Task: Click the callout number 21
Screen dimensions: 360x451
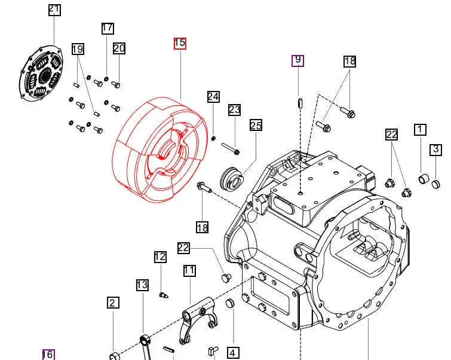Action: [54, 9]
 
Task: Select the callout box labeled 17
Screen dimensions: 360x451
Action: [108, 28]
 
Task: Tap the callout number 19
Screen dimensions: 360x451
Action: [78, 49]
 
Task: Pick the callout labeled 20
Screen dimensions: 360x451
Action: [119, 48]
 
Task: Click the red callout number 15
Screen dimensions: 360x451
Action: [180, 43]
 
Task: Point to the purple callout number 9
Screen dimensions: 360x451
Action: [297, 60]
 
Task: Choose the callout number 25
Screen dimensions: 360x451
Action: [256, 125]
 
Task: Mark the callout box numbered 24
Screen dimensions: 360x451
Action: [213, 97]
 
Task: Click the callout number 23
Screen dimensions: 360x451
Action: [234, 109]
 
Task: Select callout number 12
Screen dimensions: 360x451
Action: [160, 257]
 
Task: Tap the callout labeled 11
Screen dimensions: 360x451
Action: [189, 270]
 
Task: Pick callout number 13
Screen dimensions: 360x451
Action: [142, 285]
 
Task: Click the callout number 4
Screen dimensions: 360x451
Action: [232, 353]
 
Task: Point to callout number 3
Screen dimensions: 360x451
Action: [436, 150]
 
